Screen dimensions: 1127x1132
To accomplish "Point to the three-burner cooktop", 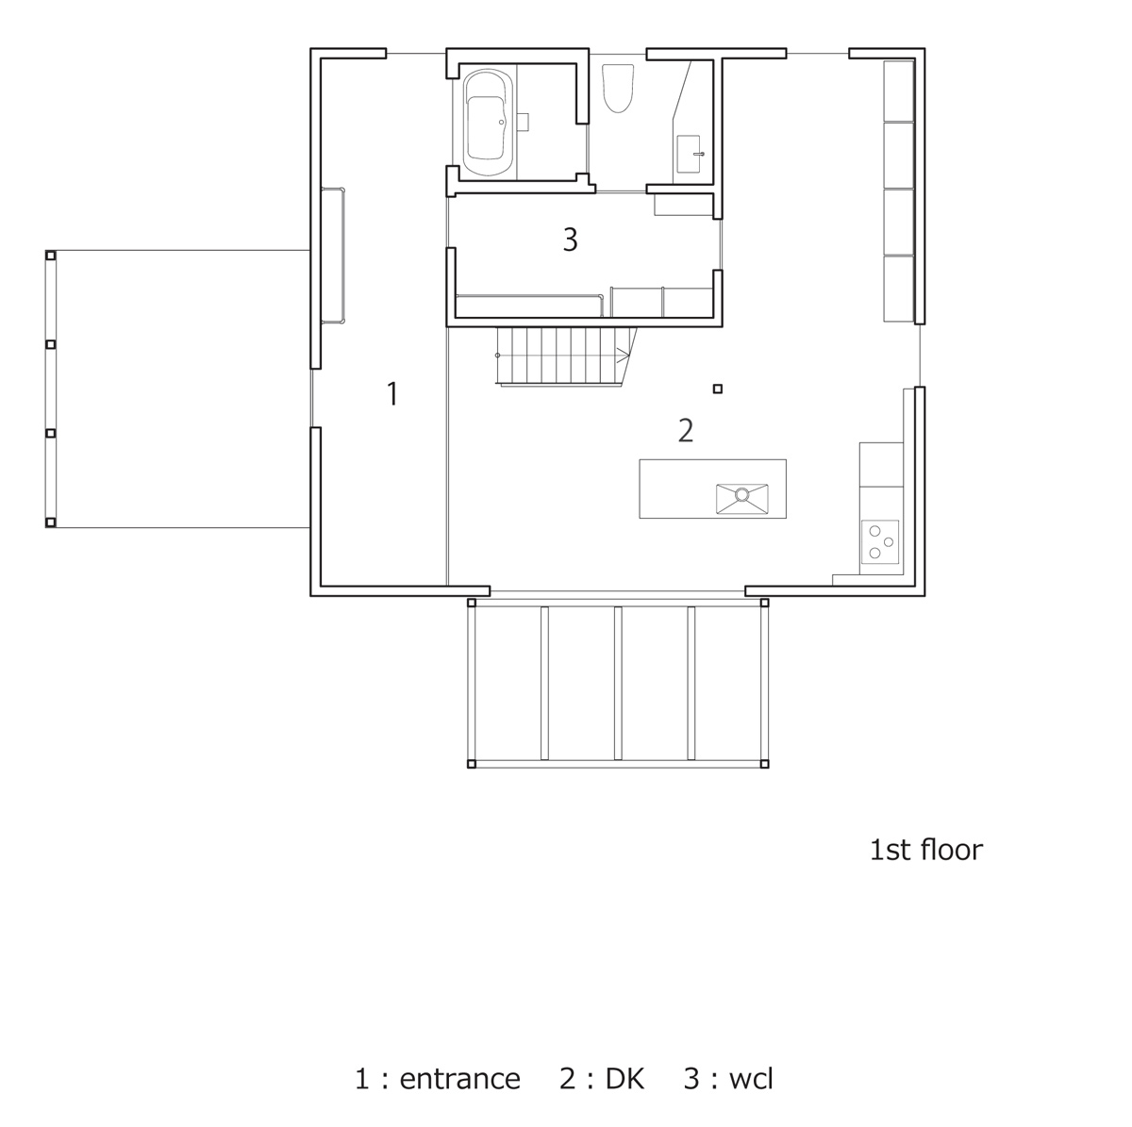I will (879, 541).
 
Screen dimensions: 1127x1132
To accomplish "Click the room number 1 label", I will (392, 393).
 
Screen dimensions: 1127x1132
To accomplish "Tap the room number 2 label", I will (686, 430).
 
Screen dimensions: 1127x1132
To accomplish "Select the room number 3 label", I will (570, 240).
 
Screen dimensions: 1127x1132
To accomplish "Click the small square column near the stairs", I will (718, 389).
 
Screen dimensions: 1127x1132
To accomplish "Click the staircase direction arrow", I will (622, 355).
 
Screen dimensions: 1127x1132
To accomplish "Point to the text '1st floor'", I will (925, 850).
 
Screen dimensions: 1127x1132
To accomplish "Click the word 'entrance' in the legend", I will (459, 1079).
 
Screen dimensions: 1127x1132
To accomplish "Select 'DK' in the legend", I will (625, 1079).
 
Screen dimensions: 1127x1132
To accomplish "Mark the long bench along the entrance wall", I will (333, 256).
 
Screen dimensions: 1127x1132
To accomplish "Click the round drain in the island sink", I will (742, 493).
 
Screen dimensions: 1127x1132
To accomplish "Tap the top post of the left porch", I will (51, 255).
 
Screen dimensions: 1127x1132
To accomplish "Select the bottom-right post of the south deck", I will (763, 763).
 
